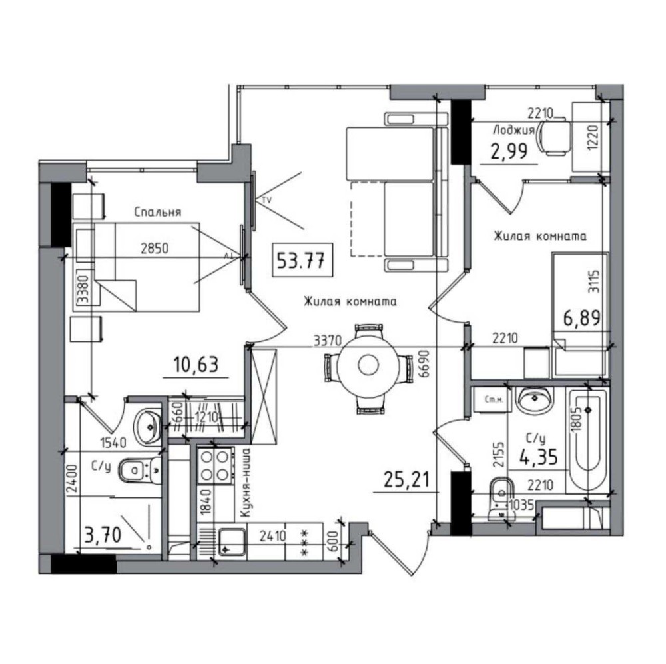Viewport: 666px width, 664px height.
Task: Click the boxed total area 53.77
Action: pyautogui.click(x=302, y=260)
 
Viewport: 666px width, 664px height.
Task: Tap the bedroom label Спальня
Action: pyautogui.click(x=158, y=212)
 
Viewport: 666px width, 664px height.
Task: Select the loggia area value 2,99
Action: pyautogui.click(x=509, y=151)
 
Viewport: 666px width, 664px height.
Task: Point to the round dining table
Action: pyautogui.click(x=368, y=364)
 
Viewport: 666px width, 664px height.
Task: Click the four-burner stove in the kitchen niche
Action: pyautogui.click(x=215, y=465)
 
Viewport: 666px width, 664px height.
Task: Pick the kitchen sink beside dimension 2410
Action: pyautogui.click(x=232, y=541)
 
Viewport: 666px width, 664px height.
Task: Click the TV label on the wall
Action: pyautogui.click(x=267, y=200)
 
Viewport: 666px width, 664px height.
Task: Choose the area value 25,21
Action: pyautogui.click(x=406, y=481)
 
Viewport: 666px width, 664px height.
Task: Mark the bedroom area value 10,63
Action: pyautogui.click(x=196, y=365)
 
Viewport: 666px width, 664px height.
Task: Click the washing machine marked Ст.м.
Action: pyautogui.click(x=493, y=399)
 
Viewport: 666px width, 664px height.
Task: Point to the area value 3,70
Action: pyautogui.click(x=103, y=535)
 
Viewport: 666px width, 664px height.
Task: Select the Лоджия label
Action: pyautogui.click(x=513, y=129)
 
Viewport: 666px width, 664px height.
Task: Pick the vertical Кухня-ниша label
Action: pyautogui.click(x=244, y=483)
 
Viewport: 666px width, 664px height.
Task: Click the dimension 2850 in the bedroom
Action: pyautogui.click(x=155, y=249)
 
